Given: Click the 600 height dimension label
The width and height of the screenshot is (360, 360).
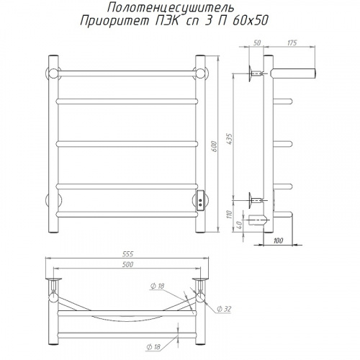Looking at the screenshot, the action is pyautogui.click(x=215, y=146).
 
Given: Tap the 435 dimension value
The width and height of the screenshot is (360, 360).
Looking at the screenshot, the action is pyautogui.click(x=230, y=139).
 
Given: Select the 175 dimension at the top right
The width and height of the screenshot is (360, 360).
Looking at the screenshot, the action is pyautogui.click(x=292, y=42).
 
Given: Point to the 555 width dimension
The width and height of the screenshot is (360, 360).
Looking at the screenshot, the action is pyautogui.click(x=127, y=253).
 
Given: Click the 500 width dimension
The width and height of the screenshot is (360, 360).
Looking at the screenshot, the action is pyautogui.click(x=127, y=264).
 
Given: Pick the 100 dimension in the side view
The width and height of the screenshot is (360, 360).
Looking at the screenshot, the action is pyautogui.click(x=278, y=240).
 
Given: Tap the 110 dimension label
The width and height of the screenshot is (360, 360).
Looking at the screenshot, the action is pyautogui.click(x=230, y=214).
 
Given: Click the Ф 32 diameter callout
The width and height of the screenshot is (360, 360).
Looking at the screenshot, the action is pyautogui.click(x=224, y=309).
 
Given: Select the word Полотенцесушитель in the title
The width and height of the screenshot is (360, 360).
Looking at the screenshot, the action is pyautogui.click(x=171, y=8).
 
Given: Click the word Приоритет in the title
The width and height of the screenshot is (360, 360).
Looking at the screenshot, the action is pyautogui.click(x=114, y=21).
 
